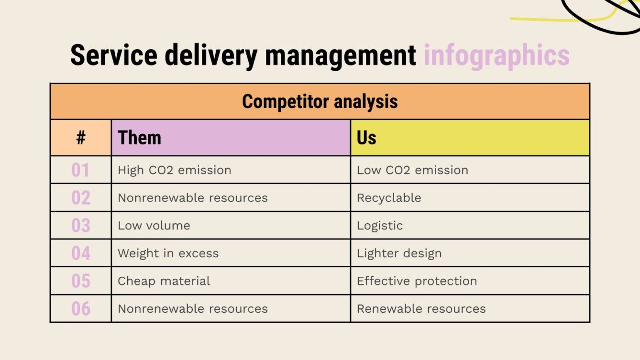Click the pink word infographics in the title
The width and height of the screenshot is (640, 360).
point(496,56)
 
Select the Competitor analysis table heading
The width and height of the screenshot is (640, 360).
point(320,101)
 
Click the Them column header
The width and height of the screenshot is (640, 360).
point(140,138)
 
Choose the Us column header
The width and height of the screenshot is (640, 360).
point(366,138)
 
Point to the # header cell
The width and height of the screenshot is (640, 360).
point(81,138)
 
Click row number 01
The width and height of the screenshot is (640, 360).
point(80,170)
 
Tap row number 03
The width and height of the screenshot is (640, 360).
point(80,226)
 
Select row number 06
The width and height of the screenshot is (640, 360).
point(80,309)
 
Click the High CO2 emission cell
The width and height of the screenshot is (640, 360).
point(175,170)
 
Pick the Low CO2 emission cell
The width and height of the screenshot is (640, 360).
point(412,170)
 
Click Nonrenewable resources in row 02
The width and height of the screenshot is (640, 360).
point(193,198)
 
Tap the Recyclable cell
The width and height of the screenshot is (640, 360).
point(389,198)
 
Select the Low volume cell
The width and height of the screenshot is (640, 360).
point(154,226)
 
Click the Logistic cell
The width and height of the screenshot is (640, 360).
point(380,226)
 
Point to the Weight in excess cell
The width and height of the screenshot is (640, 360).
point(168,253)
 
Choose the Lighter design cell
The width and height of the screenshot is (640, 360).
point(399,253)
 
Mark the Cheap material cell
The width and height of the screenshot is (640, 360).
point(164,281)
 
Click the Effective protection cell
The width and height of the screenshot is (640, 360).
point(417,281)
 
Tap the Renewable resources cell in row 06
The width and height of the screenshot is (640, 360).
point(421,309)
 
